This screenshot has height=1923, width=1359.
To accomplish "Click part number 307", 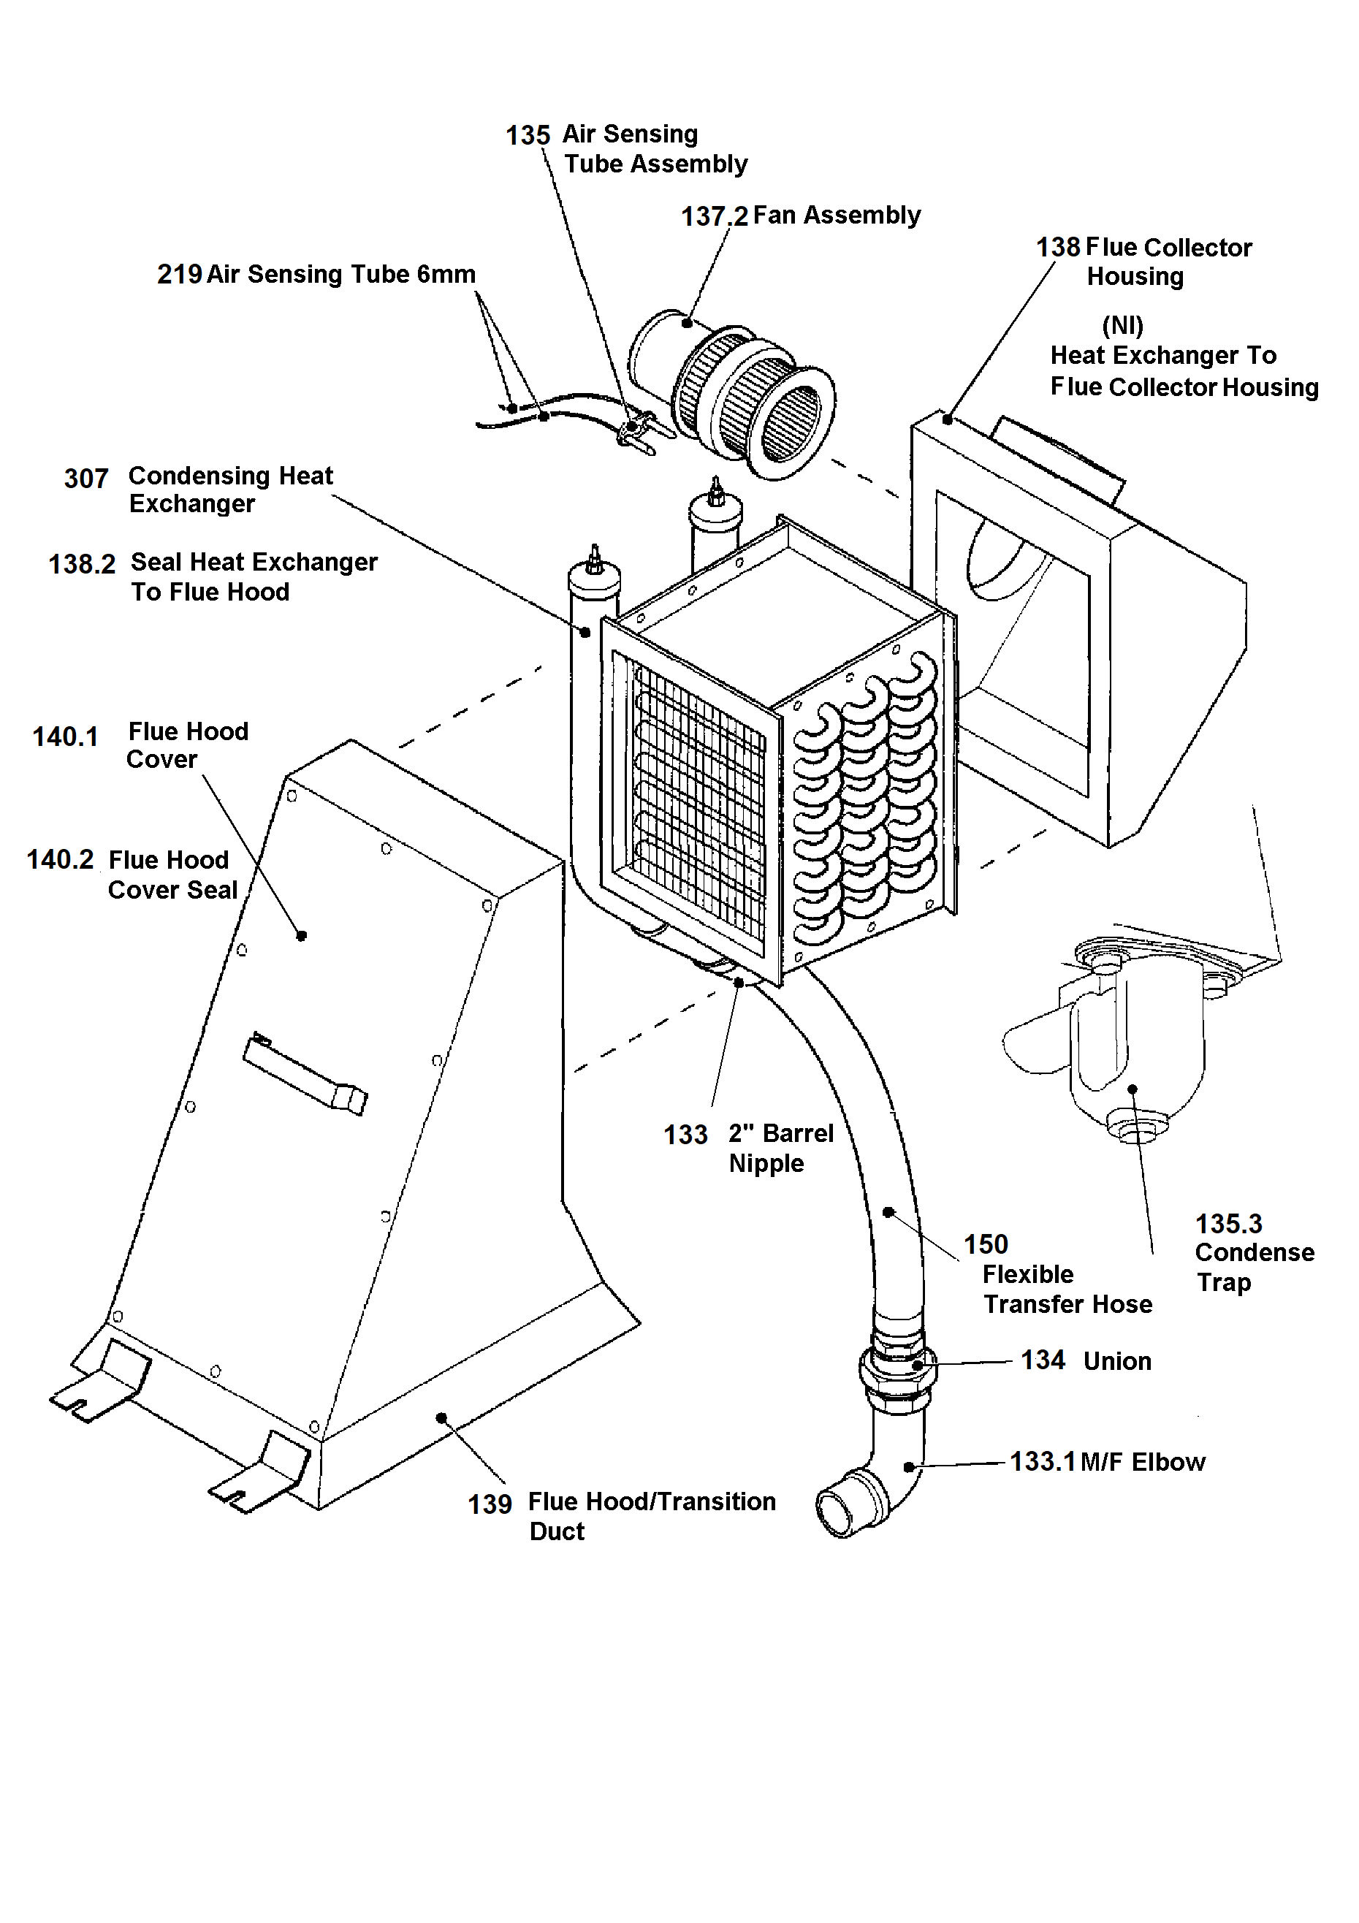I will pos(86,479).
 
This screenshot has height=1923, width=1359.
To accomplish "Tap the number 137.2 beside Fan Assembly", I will pos(713,217).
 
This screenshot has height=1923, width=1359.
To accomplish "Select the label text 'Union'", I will pos(1116,1362).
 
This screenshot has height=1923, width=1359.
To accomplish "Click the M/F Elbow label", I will pos(1142,1463).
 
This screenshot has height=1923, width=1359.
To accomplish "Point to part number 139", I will pos(489,1505).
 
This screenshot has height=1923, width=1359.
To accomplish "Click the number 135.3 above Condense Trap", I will pos(1227,1225).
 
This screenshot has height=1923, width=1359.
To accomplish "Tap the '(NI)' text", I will pos(1122,325).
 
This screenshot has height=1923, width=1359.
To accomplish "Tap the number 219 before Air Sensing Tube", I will pos(179,275).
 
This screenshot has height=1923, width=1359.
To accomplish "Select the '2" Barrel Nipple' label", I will pos(780,1149).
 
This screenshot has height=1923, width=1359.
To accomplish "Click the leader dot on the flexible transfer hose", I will pos(888,1212).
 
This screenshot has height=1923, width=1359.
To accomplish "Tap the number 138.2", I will pos(81,565).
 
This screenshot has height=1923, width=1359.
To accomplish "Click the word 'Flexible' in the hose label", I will pos(1027,1275).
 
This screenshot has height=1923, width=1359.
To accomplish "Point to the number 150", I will pos(986,1244).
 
